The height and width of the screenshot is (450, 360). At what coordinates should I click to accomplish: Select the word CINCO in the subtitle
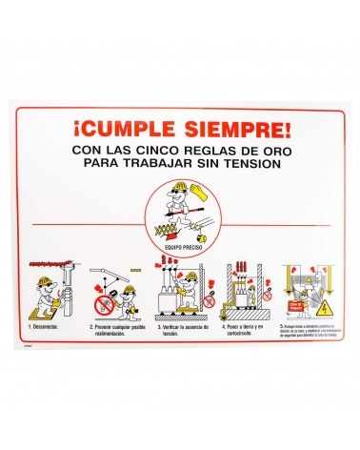click(x=177, y=151)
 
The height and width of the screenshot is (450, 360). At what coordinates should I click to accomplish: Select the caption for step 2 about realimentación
click(x=116, y=329)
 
